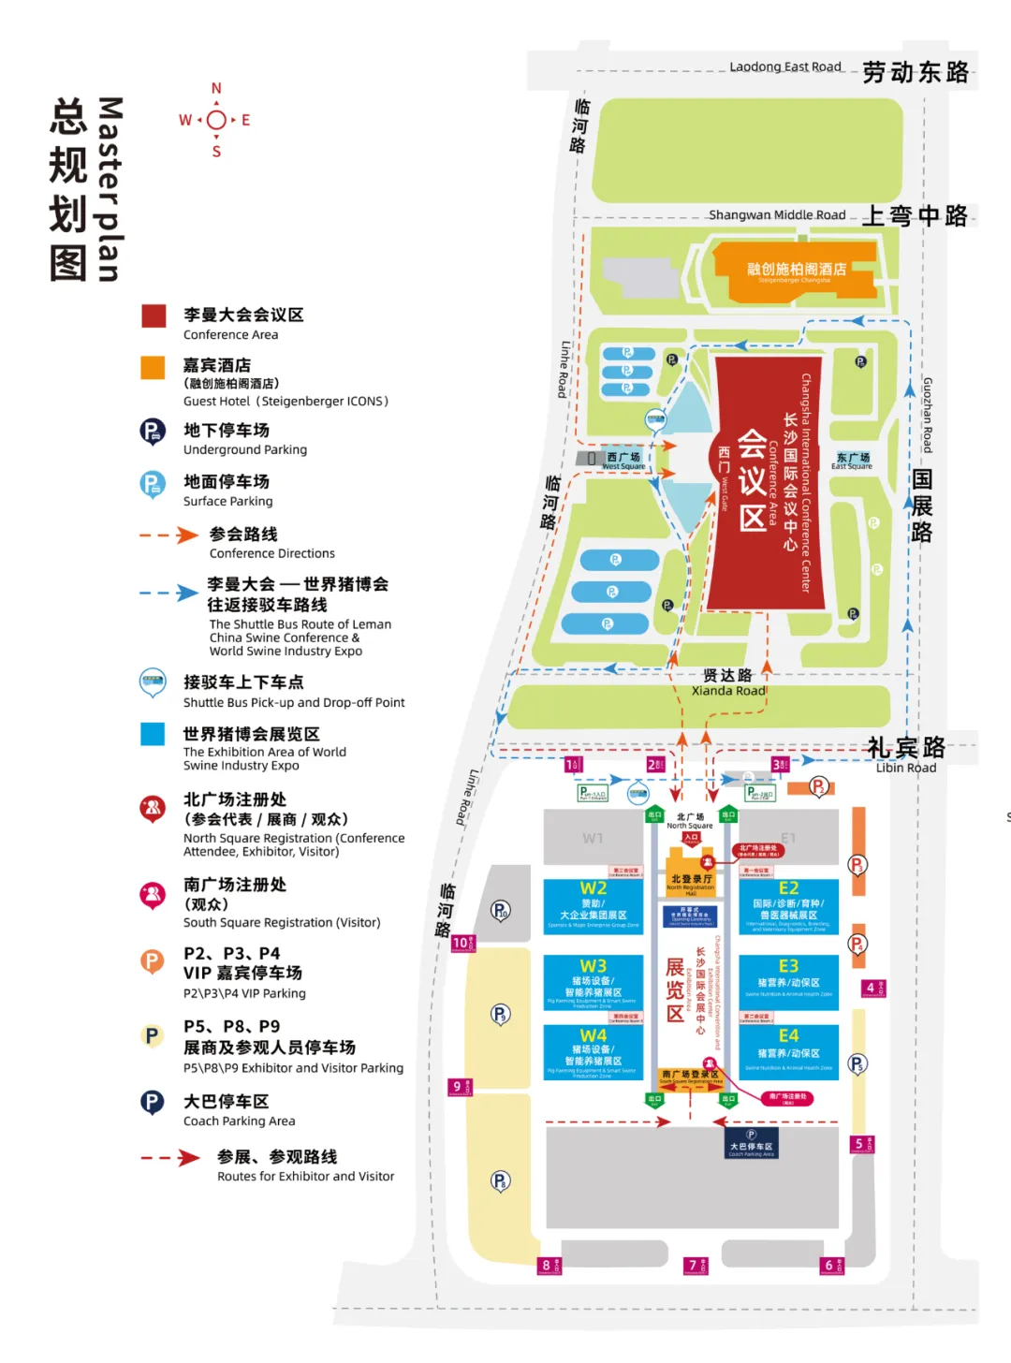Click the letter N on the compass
coord(216,89)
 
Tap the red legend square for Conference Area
coord(154,315)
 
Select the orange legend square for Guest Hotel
coord(154,367)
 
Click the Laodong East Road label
coord(785,66)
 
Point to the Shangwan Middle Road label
coord(777,215)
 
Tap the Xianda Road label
coord(728,691)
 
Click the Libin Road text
coord(905,768)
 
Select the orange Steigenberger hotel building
coord(796,271)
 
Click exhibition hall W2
coord(593,904)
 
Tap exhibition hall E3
coord(788,980)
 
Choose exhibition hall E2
coord(788,904)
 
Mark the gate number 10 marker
coord(462,943)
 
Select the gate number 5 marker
coord(861,1144)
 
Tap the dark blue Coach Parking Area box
coord(751,1143)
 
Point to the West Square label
coord(623,461)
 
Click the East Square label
coord(852,461)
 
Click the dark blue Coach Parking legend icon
coord(153,1103)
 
